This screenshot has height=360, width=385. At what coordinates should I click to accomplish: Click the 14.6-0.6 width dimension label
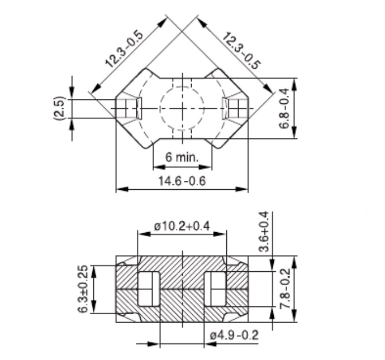182,181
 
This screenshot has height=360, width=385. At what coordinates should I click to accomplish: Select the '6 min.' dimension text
182,157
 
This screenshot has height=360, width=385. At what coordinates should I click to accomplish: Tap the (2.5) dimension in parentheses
60,108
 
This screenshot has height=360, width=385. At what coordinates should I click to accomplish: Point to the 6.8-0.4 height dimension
284,108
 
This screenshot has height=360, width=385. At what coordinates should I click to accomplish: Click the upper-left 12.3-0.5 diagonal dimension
124,49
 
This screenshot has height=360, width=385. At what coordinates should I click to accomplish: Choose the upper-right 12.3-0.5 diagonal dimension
241,51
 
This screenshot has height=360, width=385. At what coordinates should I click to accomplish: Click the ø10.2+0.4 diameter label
182,226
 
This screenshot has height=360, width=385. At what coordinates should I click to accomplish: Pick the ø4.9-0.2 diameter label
234,335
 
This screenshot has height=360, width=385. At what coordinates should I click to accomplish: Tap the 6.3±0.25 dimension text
83,289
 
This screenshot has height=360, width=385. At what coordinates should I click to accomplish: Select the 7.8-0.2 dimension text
285,289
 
